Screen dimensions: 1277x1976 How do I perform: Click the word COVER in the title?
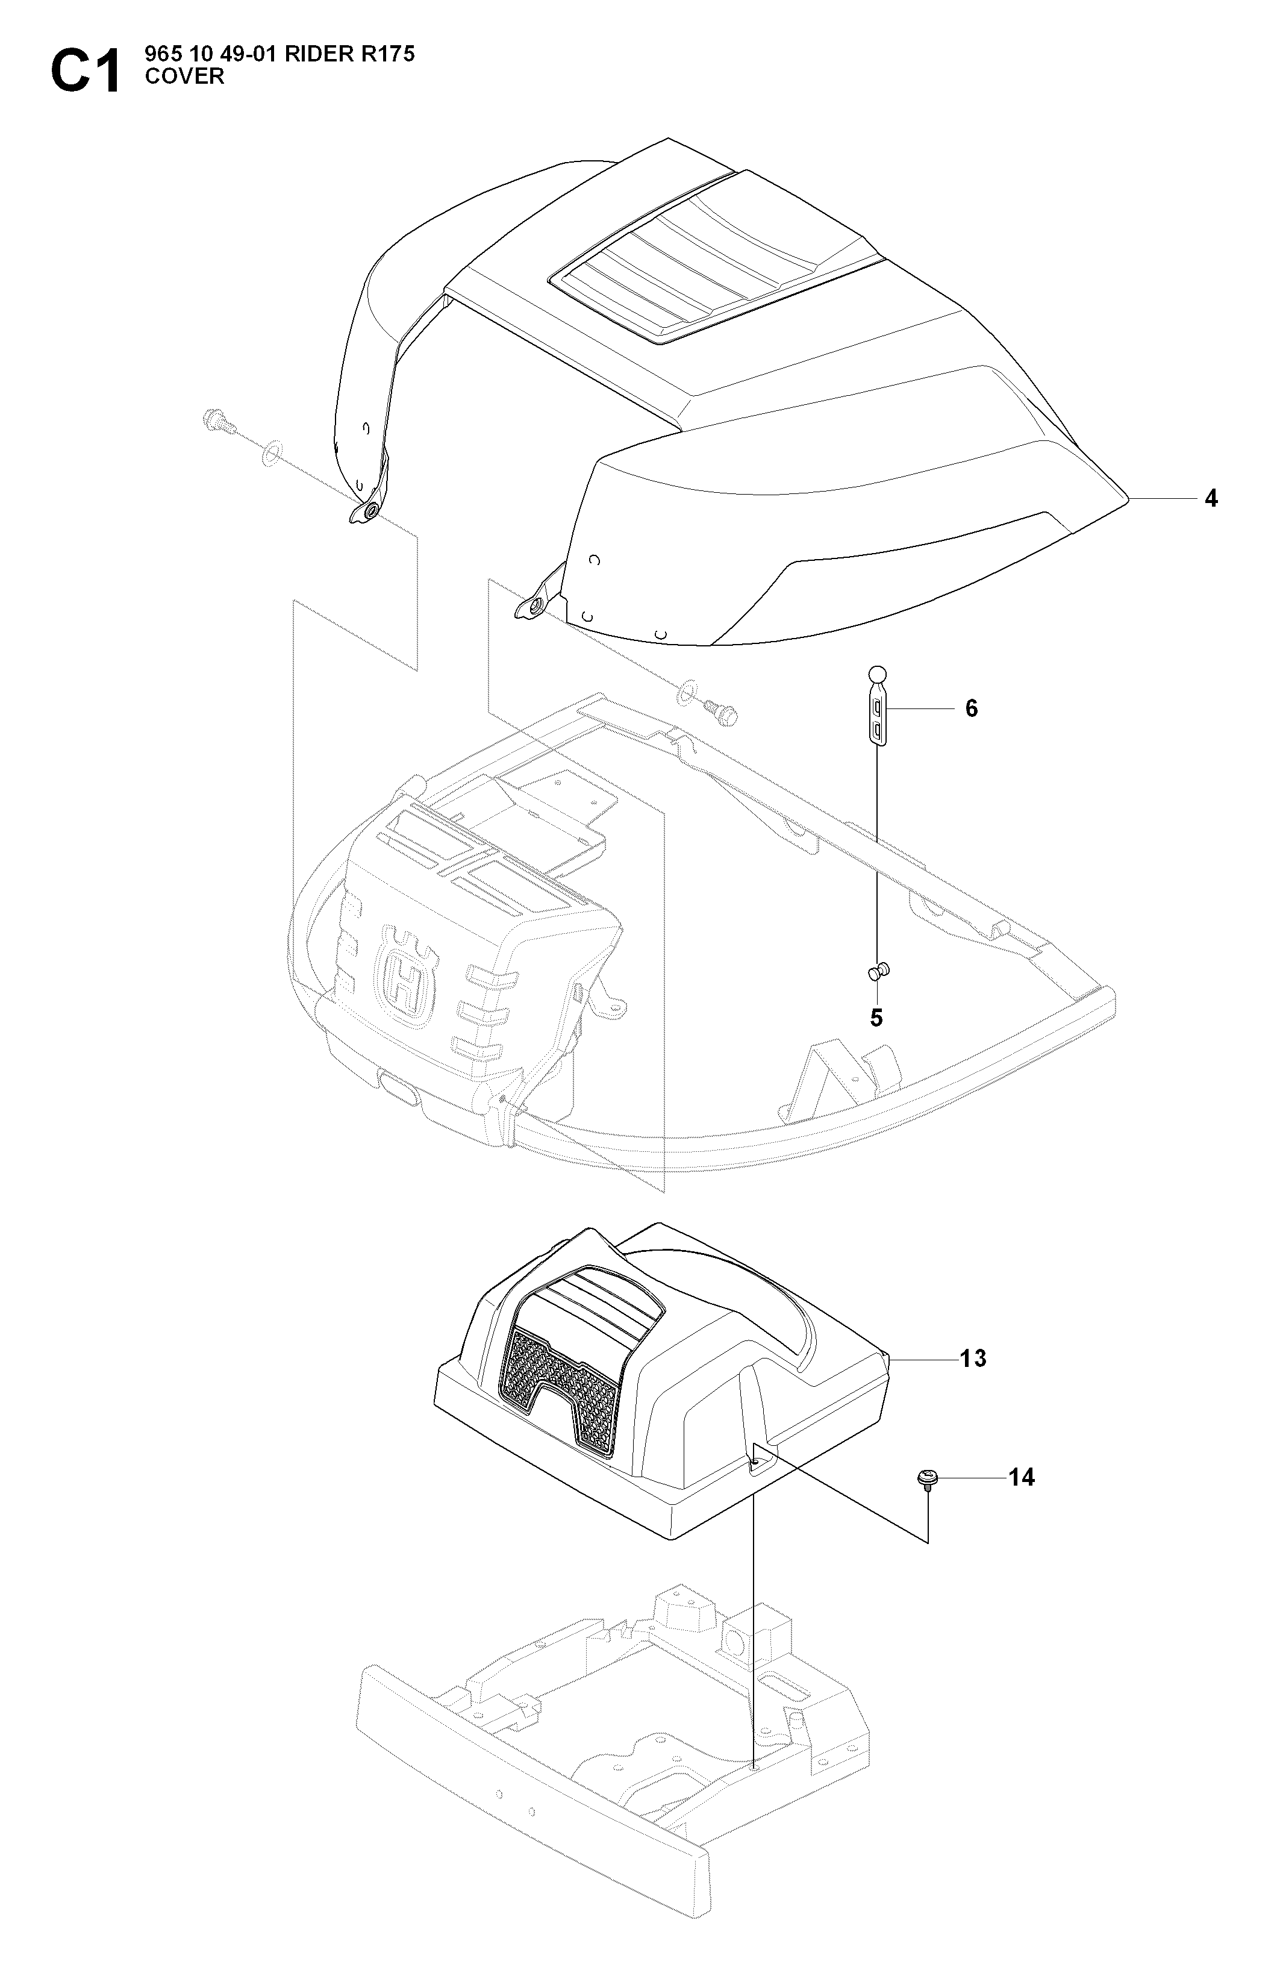[x=184, y=77]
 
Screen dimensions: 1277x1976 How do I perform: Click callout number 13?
[x=973, y=1358]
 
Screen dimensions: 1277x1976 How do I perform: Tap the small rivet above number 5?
[x=878, y=969]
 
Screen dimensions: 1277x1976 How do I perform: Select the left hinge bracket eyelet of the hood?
[x=366, y=511]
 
